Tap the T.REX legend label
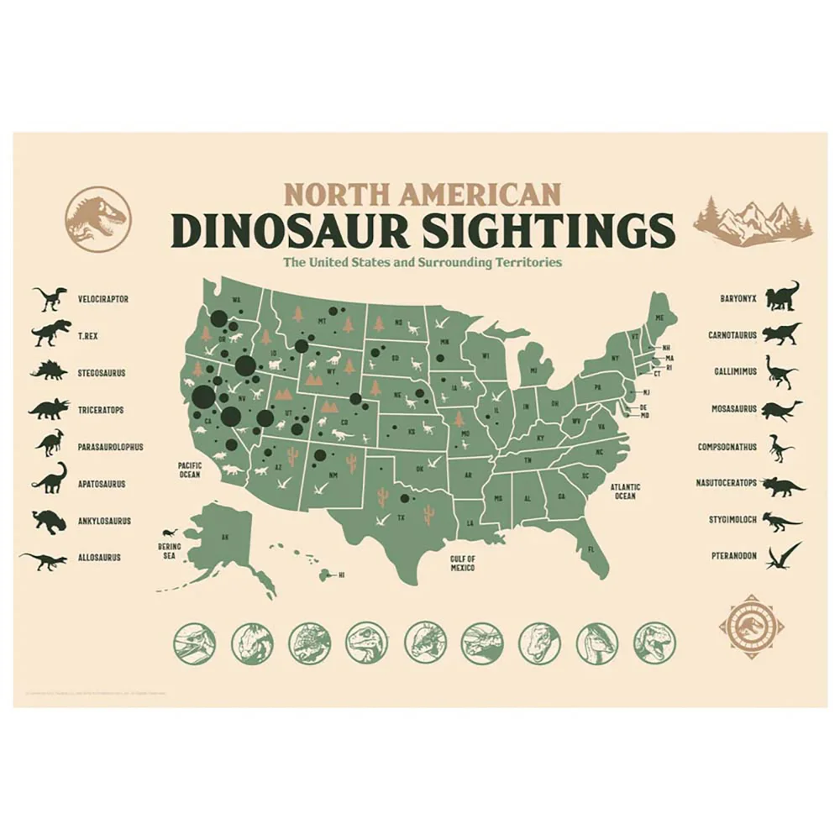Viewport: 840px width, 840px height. point(89,335)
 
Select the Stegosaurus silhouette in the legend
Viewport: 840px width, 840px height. point(50,370)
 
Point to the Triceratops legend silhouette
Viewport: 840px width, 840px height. point(50,408)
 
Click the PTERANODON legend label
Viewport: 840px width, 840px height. point(732,556)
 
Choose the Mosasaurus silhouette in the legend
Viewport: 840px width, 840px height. point(783,409)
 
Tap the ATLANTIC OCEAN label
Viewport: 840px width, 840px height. point(625,491)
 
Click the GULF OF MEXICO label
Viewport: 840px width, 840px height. point(462,563)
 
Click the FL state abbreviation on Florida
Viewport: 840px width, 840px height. point(591,549)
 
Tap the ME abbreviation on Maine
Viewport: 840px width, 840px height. point(659,318)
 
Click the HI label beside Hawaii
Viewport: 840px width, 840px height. point(342,575)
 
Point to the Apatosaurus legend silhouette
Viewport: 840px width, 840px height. point(50,479)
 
